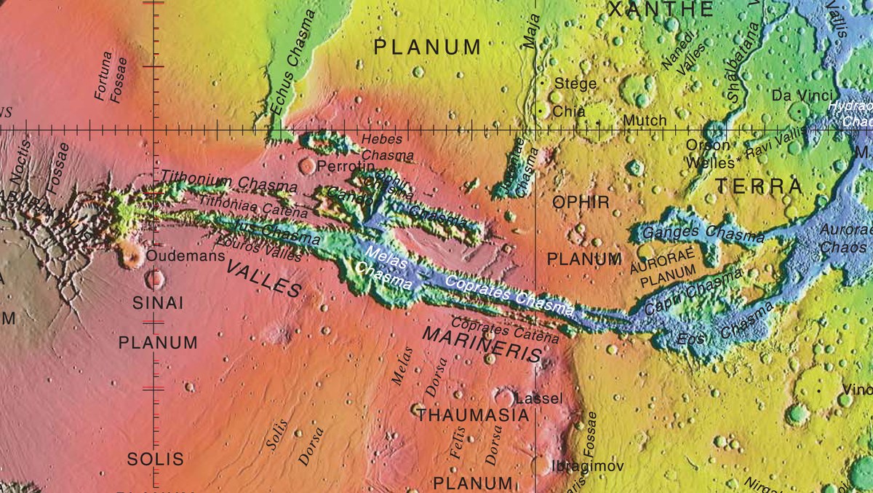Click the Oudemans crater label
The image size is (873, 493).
coord(176,256)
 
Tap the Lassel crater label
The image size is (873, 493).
coord(538,399)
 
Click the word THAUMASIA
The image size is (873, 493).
coord(473,416)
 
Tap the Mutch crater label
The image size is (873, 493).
coord(644,120)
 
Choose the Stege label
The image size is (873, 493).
coord(575,84)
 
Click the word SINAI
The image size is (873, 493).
coord(158,304)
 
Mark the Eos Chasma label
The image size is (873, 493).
coord(725,326)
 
